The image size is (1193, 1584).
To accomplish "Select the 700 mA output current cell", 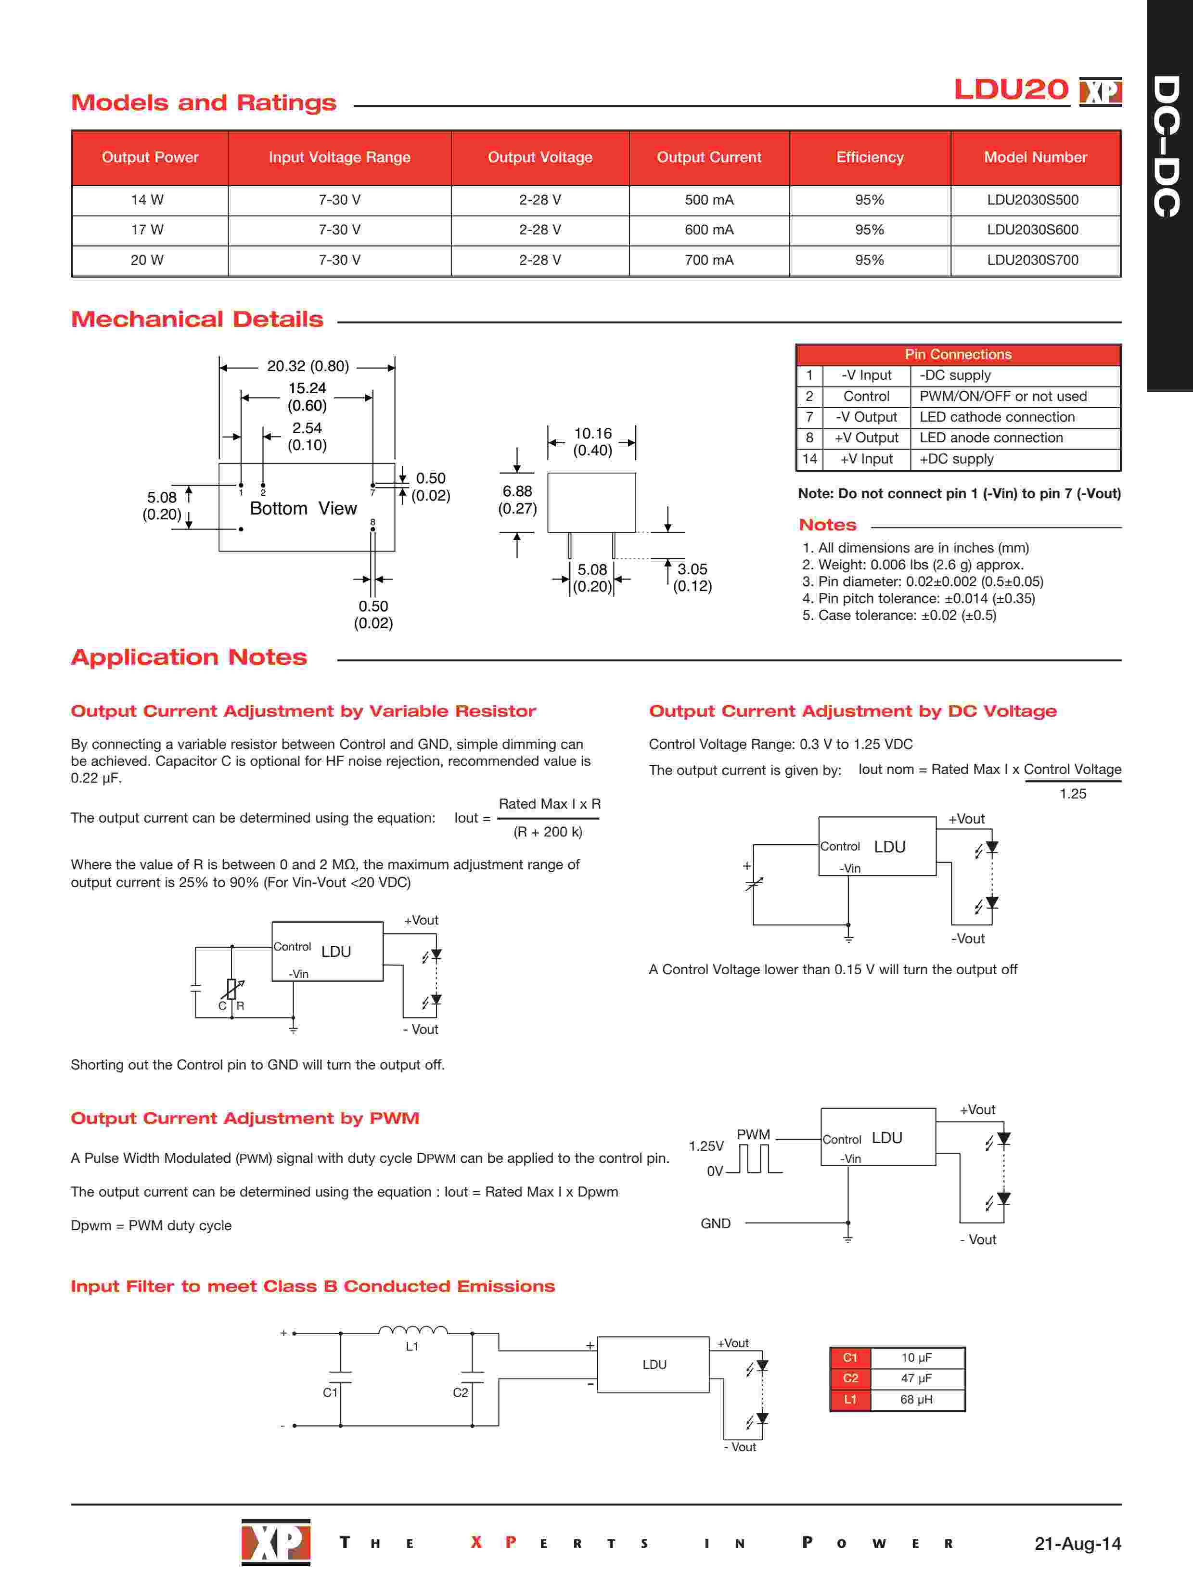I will point(709,260).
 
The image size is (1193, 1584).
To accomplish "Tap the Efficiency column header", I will point(869,157).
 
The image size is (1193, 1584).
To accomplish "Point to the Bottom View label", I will point(303,508).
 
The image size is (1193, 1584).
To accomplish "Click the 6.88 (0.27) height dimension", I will point(517,500).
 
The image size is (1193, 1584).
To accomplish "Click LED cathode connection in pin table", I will point(997,417).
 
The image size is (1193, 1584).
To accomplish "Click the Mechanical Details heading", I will point(197,320).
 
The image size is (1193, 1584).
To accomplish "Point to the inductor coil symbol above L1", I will point(412,1330).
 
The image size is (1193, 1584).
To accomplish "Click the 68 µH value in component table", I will point(916,1399).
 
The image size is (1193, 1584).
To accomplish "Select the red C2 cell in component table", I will point(850,1378).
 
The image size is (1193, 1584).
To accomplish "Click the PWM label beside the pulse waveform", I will point(753,1134).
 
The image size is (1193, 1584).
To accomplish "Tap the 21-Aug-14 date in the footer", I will point(1077,1543).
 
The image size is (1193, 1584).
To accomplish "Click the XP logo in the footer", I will point(276,1542).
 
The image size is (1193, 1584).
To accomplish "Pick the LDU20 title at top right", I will point(1011,90).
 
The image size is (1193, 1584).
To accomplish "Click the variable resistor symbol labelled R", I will point(232,989).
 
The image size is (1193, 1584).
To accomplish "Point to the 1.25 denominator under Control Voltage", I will point(1073,793).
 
